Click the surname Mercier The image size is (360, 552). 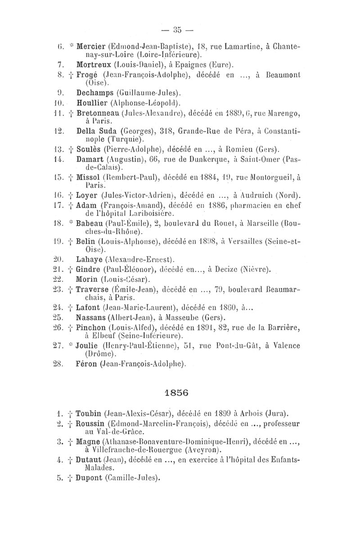[93, 46]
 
